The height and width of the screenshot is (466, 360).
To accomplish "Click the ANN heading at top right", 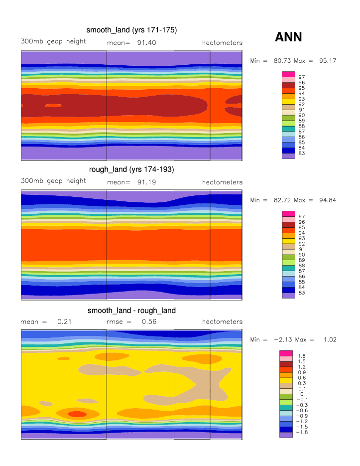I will pos(288,37).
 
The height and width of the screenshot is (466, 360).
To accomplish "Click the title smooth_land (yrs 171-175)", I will pos(132,30).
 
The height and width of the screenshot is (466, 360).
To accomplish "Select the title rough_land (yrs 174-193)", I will pos(131,169).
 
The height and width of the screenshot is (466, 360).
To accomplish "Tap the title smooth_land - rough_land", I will pos(131,311).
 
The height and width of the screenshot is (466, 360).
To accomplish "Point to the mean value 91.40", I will pos(146,43).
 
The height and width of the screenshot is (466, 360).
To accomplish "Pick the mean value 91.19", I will pos(146,182).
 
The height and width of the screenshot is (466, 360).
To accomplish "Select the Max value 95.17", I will pos(327,61).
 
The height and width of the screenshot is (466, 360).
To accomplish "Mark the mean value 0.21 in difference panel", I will pos(64,322).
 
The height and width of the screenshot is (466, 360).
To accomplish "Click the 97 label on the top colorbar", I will pos(301,77).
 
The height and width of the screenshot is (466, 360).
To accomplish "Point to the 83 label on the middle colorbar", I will pos(301,293).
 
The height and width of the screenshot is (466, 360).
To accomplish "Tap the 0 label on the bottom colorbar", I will pos(300,394).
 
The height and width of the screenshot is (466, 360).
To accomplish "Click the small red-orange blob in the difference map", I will pos(76,414).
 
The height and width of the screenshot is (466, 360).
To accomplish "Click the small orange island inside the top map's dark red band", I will pos(53,105).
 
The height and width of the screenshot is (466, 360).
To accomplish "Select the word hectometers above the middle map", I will pos(222,182).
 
